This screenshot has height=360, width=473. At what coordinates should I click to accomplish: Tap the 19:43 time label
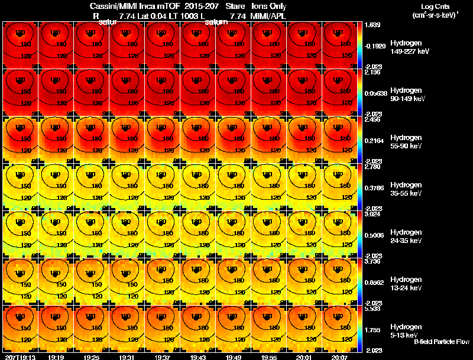(x=199, y=357)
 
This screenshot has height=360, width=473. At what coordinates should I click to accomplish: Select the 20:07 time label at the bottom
(x=341, y=357)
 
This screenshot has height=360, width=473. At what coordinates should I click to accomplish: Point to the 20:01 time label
(x=306, y=357)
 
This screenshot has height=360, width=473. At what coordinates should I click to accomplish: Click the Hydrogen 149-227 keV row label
(x=405, y=47)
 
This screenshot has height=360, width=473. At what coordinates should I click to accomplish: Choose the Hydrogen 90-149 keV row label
(x=405, y=95)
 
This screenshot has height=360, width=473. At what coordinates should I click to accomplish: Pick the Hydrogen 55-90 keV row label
(x=405, y=142)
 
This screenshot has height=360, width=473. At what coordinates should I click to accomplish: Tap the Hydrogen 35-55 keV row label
(x=405, y=189)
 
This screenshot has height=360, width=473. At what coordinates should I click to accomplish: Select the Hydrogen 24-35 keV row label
(x=405, y=236)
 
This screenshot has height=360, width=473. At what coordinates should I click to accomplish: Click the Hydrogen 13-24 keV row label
(x=405, y=284)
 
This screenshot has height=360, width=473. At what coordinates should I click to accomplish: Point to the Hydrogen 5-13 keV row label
(x=405, y=331)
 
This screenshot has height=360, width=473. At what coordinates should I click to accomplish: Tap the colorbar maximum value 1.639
(x=373, y=25)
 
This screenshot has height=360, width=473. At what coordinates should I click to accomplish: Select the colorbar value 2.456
(x=373, y=119)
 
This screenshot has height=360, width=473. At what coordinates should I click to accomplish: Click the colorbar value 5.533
(x=373, y=309)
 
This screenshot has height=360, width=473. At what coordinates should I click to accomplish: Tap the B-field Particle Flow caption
(x=442, y=342)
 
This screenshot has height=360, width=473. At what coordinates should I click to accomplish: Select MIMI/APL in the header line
(x=268, y=16)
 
